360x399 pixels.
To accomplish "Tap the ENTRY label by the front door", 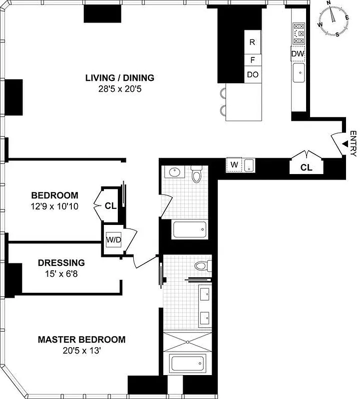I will coord(354,144).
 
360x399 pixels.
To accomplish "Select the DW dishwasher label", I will coord(298,53).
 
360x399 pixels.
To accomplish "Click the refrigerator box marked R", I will coord(252,42).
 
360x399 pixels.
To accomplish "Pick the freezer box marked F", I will coord(252,60).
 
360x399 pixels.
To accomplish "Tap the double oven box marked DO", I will coord(252,75).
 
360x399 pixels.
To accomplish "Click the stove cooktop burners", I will coord(299,34).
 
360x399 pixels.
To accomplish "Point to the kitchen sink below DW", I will coord(299,73).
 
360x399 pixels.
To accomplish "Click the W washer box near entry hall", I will coord(234,165).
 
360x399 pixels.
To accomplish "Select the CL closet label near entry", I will coord(306,168).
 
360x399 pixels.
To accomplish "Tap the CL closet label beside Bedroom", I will coord(110,205).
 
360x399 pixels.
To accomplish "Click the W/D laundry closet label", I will coord(113,240).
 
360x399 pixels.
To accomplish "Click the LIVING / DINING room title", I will coord(119,78).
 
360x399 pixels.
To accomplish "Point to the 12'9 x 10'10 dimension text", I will coord(55,205).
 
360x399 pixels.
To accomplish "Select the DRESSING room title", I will coord(61,262).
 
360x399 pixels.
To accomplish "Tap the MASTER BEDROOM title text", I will coord(82,340).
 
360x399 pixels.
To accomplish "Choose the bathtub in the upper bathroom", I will coord(189,230).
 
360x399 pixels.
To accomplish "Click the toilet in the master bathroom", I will coord(201,265).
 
